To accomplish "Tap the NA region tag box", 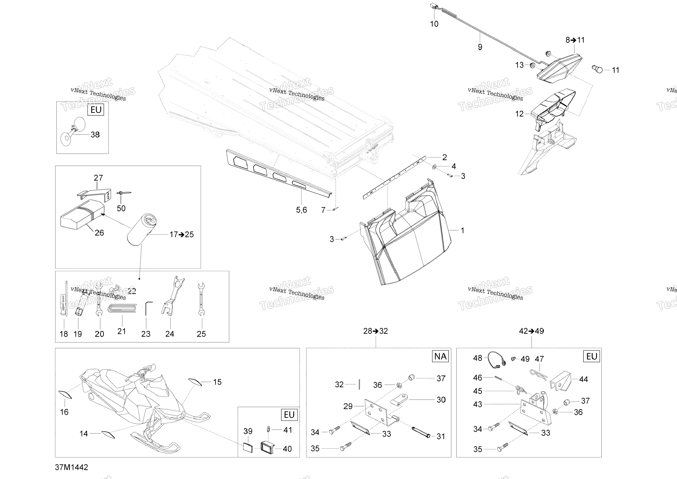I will click(x=440, y=356).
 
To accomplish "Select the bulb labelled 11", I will click(x=598, y=70).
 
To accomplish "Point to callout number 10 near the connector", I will click(x=434, y=24).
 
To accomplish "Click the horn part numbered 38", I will click(x=72, y=131).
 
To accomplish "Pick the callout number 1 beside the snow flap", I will click(x=462, y=230).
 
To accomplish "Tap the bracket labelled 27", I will click(x=94, y=193).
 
